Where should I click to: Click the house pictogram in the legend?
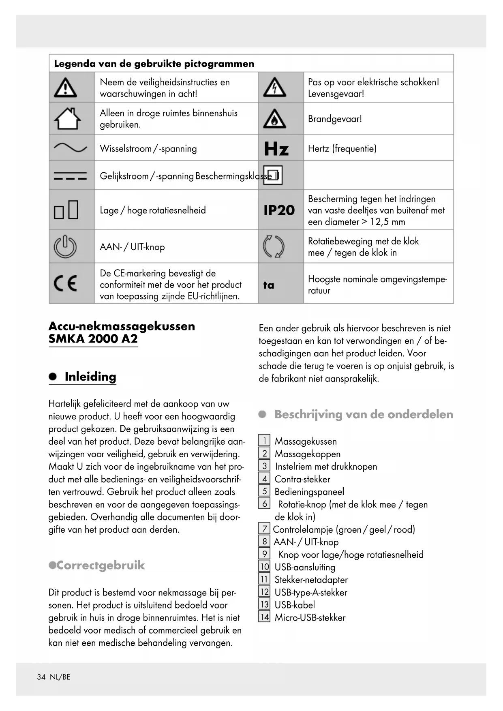click(x=67, y=118)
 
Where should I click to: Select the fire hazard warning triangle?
click(x=274, y=118)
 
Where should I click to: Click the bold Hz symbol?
click(x=276, y=149)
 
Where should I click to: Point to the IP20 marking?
click(x=279, y=210)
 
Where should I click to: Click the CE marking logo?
click(x=66, y=283)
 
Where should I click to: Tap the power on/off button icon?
click(x=65, y=246)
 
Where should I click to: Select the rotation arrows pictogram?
click(x=274, y=246)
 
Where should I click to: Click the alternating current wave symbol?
click(x=70, y=148)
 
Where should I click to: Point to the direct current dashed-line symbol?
click(x=70, y=176)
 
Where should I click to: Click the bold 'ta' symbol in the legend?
click(x=269, y=285)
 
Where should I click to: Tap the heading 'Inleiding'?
click(x=90, y=377)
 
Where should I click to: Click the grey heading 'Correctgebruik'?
click(x=101, y=565)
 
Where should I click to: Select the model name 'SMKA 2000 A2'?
click(x=93, y=339)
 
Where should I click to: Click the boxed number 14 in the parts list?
click(x=265, y=617)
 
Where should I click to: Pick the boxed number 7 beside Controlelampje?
click(x=264, y=529)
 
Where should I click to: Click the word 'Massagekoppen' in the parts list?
click(x=307, y=454)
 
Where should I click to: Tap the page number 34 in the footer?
click(x=41, y=677)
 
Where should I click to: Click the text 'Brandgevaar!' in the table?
click(x=335, y=119)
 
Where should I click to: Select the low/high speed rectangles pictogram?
click(x=66, y=210)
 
